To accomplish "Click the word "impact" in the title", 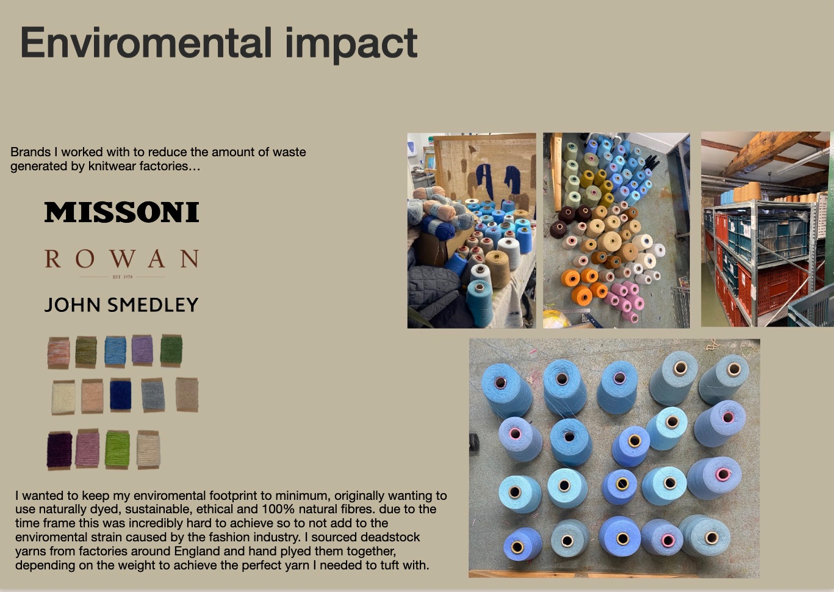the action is (x=351, y=44).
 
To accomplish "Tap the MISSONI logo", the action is (x=122, y=212).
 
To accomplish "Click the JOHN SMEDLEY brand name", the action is (x=121, y=305).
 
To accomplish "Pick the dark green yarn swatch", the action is (x=171, y=350).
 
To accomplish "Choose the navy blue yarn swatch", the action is (x=121, y=395).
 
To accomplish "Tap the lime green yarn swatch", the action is (x=117, y=449).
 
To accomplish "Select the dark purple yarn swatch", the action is (x=60, y=450).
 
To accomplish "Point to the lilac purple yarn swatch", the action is (x=142, y=350).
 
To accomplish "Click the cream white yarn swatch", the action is (x=63, y=397).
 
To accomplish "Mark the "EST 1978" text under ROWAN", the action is (x=123, y=277).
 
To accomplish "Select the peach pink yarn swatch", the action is (x=92, y=396).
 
